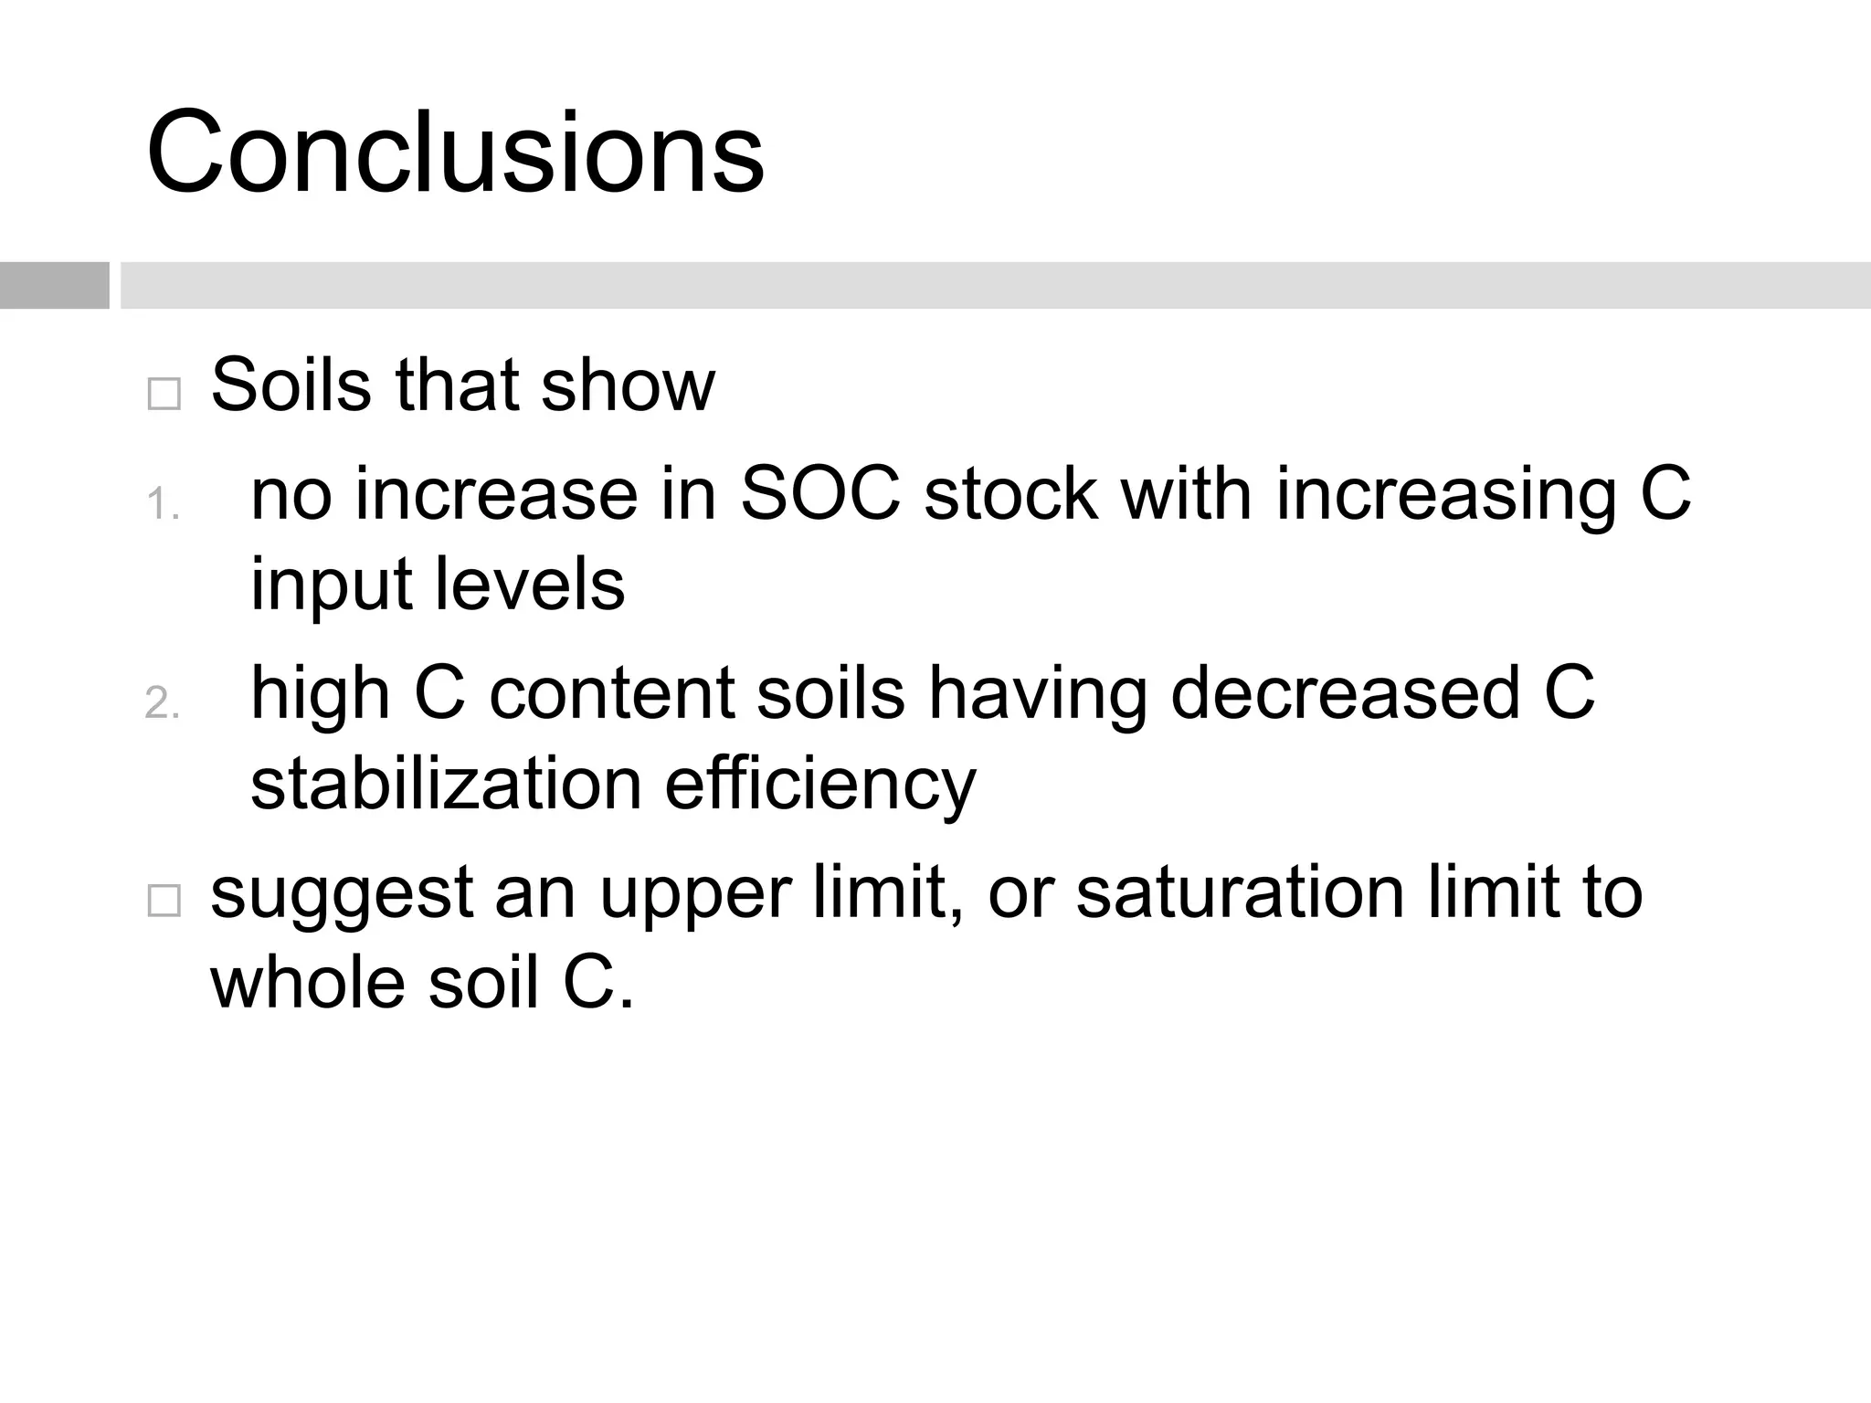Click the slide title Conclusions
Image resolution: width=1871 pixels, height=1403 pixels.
pos(455,153)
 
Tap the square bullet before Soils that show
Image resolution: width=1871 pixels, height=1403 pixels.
pos(164,394)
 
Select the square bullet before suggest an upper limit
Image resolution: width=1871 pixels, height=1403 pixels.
pos(164,901)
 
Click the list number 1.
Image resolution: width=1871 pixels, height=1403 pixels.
pos(162,504)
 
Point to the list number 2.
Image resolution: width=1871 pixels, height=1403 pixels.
pos(162,703)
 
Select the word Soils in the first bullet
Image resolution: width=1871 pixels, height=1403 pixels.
pos(291,385)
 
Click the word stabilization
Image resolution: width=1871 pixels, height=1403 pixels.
pos(446,785)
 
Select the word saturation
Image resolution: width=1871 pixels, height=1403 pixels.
pos(1240,893)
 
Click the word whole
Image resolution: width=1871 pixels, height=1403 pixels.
pos(308,983)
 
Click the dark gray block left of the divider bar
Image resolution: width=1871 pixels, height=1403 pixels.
pos(54,285)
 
